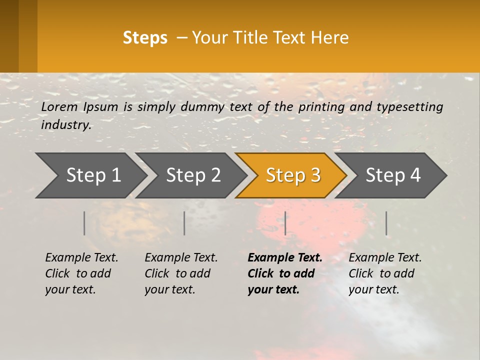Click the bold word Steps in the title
point(145,38)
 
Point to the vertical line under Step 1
point(84,223)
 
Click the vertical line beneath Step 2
point(184,223)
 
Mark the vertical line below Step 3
point(285,223)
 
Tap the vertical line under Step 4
point(386,223)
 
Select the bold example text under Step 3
point(285,273)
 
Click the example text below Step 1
point(81,273)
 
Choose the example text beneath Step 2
point(181,273)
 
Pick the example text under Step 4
point(385,273)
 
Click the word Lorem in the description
point(59,106)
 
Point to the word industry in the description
point(66,124)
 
